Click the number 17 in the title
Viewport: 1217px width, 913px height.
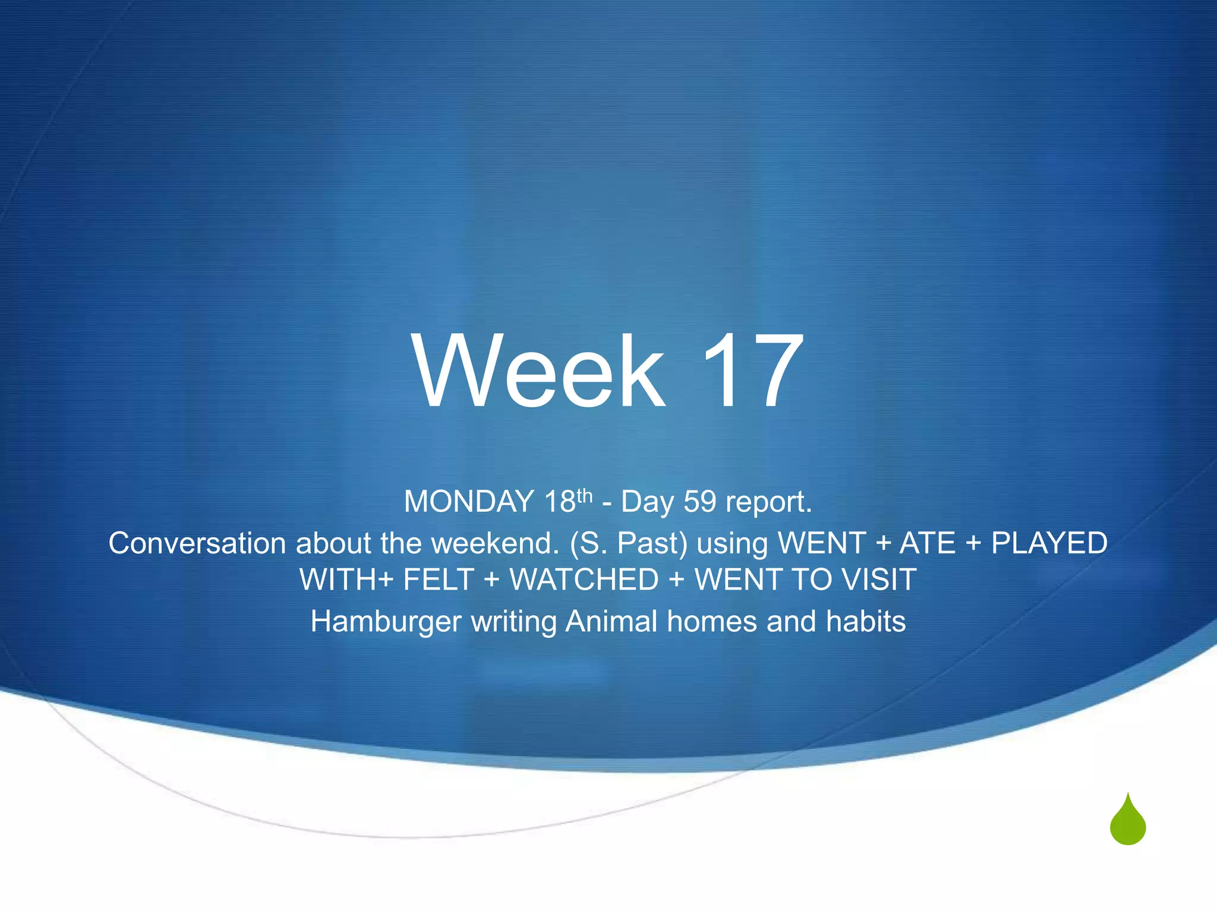(752, 371)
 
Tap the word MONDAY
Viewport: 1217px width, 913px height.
(469, 502)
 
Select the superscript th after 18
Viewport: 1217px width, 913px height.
(585, 495)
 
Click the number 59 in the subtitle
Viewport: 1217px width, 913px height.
(700, 502)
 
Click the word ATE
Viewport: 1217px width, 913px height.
(928, 543)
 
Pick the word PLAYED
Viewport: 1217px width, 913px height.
(1049, 543)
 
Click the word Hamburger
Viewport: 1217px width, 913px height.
(386, 622)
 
